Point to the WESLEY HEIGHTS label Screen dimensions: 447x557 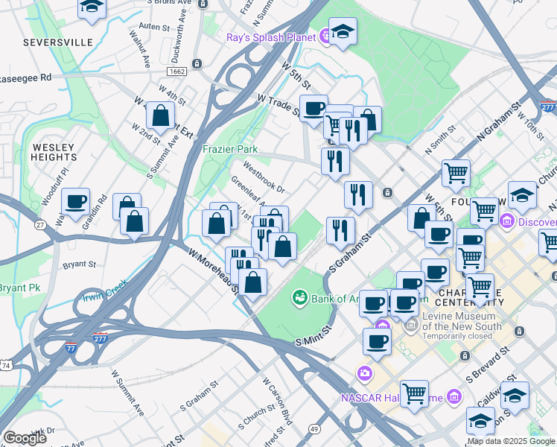(54, 152)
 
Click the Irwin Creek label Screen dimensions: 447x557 (106, 293)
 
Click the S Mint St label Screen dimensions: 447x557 (311, 334)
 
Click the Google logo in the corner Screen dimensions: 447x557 (25, 438)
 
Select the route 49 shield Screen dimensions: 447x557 (315, 429)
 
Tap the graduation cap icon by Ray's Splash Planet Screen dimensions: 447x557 (343, 32)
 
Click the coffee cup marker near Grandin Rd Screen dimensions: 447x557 (76, 201)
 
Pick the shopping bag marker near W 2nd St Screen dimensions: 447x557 (160, 115)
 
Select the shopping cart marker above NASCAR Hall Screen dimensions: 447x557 (414, 393)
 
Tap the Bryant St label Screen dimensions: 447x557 (80, 264)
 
